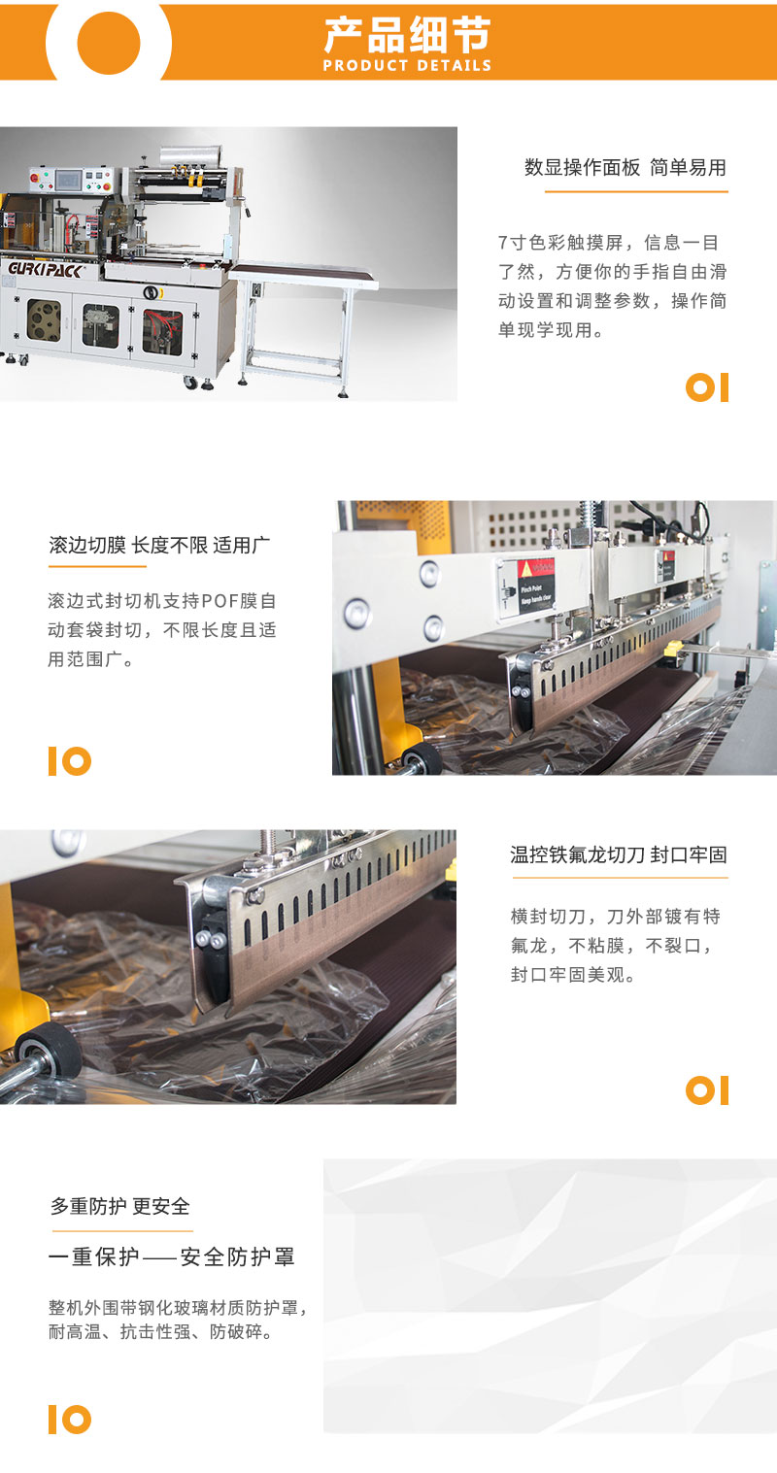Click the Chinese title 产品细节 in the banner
click(407, 36)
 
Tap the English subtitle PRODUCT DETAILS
click(407, 66)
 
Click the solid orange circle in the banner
click(109, 42)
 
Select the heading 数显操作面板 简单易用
click(625, 168)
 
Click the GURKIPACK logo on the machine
click(45, 270)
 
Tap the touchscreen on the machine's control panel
click(68, 179)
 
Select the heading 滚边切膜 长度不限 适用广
click(159, 545)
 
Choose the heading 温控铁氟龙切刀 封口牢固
click(619, 854)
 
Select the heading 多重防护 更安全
click(120, 1206)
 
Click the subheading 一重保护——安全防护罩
click(172, 1256)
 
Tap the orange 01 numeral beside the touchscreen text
click(707, 387)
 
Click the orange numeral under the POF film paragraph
click(70, 761)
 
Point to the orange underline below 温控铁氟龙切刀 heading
click(620, 877)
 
